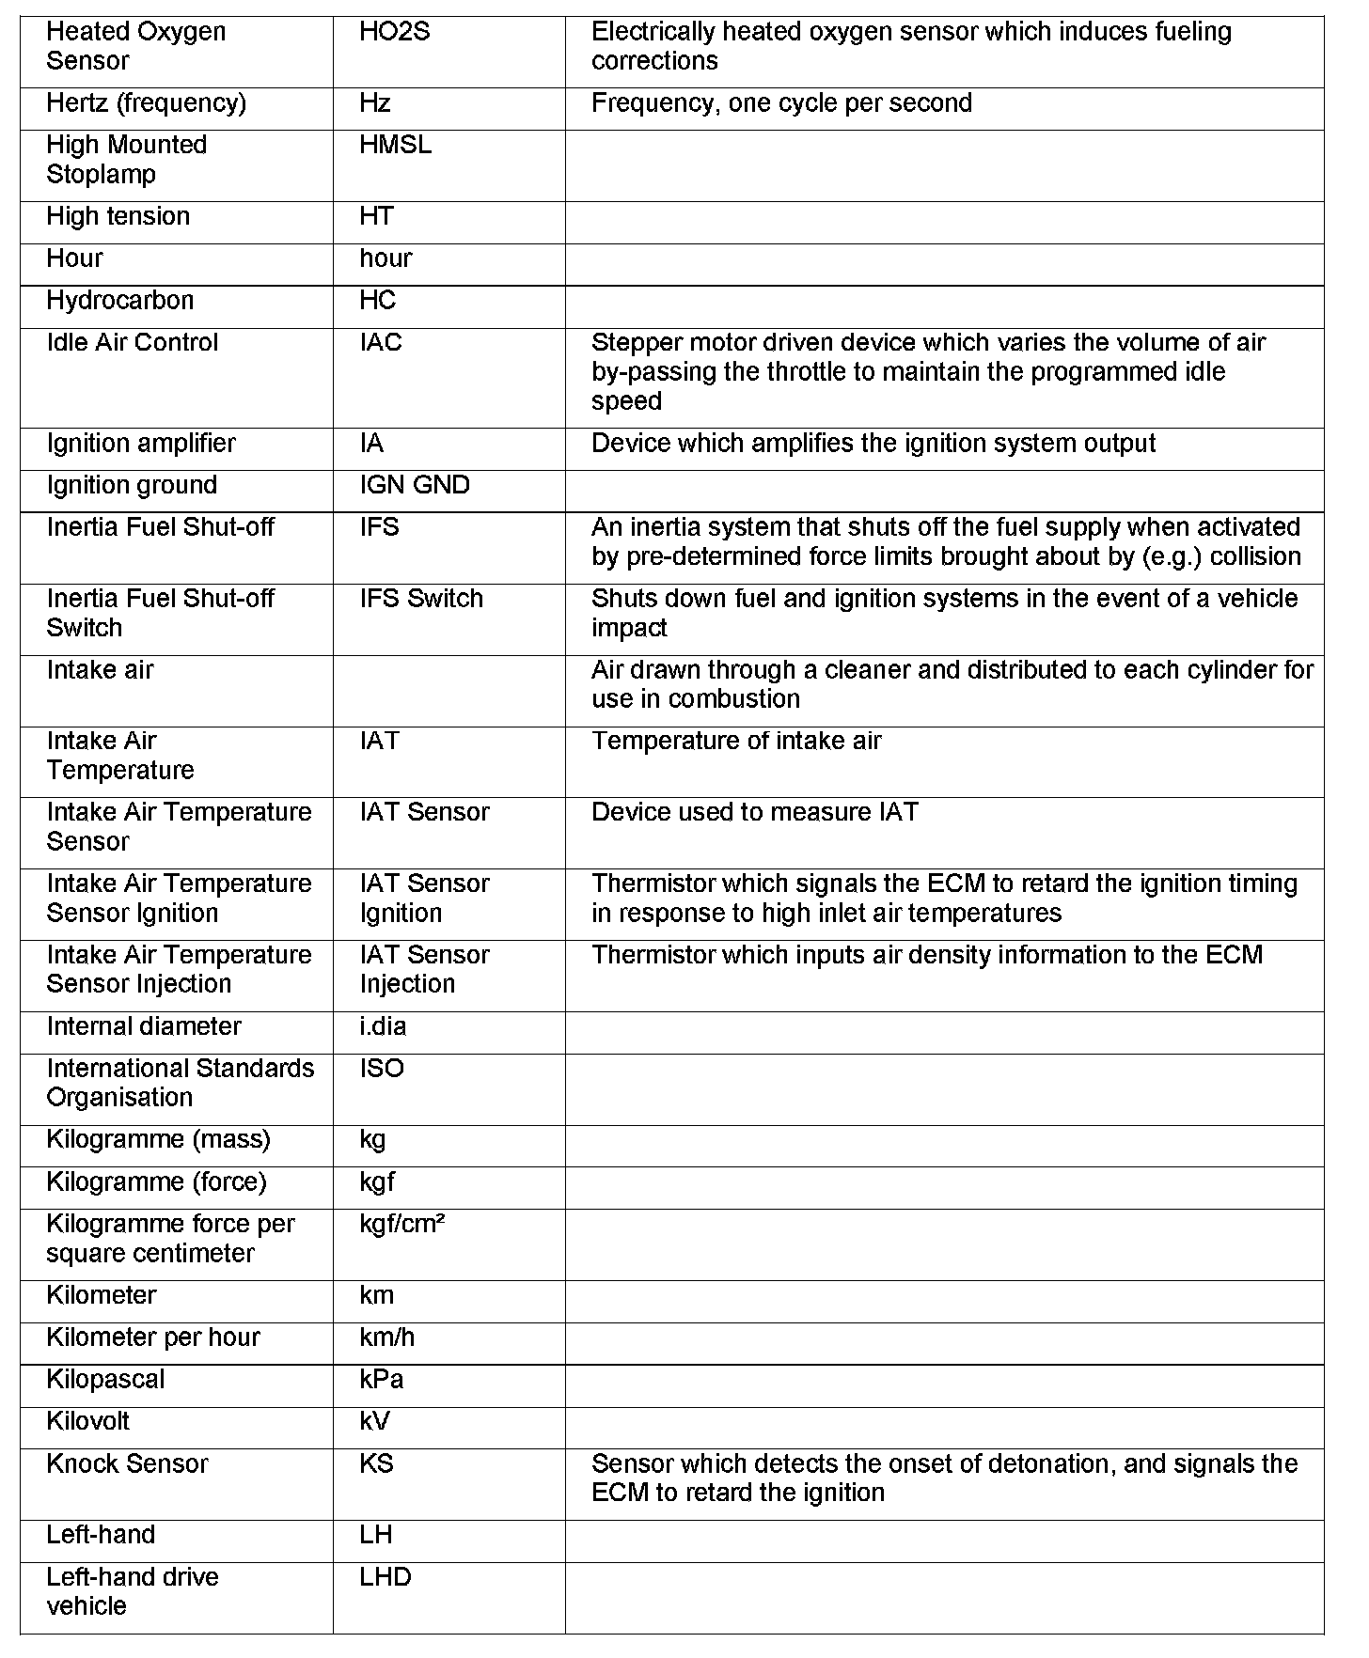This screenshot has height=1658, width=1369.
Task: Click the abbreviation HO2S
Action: click(394, 32)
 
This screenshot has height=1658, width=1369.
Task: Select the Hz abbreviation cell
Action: click(375, 103)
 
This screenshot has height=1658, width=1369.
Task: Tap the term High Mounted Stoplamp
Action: click(126, 160)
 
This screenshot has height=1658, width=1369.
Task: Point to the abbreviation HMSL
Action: click(395, 146)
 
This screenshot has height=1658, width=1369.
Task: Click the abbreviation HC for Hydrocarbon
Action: click(377, 301)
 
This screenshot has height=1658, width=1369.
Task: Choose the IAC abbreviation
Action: click(380, 343)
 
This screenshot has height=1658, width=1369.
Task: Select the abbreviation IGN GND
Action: click(414, 486)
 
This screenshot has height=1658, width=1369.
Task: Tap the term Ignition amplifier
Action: click(141, 444)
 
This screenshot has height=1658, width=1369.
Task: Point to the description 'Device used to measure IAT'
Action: click(754, 812)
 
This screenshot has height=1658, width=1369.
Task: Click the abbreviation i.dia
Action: click(383, 1026)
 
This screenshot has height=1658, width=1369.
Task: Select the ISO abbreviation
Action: click(381, 1069)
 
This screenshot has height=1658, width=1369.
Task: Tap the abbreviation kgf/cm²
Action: click(401, 1225)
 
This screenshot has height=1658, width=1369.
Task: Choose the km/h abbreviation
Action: click(386, 1337)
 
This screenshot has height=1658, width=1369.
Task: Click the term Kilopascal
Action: click(105, 1380)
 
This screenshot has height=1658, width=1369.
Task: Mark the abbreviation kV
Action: click(374, 1422)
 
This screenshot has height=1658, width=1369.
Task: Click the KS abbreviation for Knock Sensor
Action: click(376, 1464)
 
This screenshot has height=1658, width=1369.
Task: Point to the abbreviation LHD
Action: click(385, 1577)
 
